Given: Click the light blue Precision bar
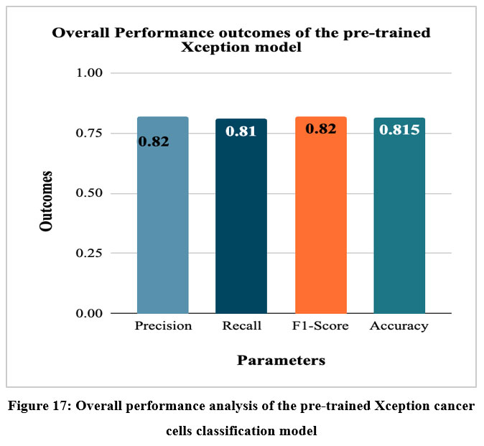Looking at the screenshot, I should pyautogui.click(x=163, y=215).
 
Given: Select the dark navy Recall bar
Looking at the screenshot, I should pyautogui.click(x=241, y=215).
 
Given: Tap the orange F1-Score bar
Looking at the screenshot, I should pyautogui.click(x=320, y=215).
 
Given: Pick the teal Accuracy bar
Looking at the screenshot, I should pyautogui.click(x=399, y=215).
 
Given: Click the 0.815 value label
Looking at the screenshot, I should pyautogui.click(x=399, y=130).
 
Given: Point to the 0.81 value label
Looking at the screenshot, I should pyautogui.click(x=241, y=131).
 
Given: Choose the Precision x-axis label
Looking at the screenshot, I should pyautogui.click(x=163, y=326).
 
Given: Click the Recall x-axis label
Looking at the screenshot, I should pyautogui.click(x=241, y=326).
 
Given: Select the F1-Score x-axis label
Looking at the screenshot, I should pyautogui.click(x=320, y=326).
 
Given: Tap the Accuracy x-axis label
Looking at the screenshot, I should pyautogui.click(x=399, y=326).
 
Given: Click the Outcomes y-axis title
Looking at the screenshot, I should pyautogui.click(x=47, y=200).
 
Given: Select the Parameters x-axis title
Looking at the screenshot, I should pyautogui.click(x=281, y=360).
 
